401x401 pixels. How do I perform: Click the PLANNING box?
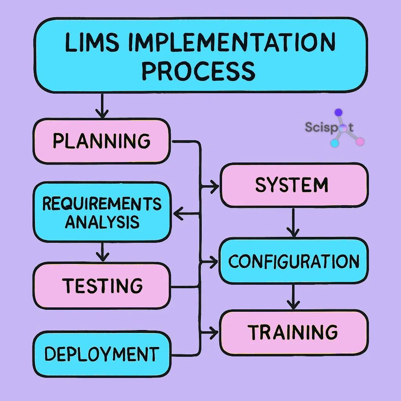click(x=101, y=141)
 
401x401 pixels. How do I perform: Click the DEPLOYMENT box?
click(x=101, y=354)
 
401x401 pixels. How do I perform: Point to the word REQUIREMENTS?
click(x=102, y=204)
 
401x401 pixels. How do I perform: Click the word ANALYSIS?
click(x=102, y=222)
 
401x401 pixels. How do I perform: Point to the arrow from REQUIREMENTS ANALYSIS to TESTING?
click(x=102, y=251)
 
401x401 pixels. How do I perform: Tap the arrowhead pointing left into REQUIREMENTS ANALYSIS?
click(x=178, y=214)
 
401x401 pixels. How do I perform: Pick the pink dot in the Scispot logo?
click(x=360, y=141)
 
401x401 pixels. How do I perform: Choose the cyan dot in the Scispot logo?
click(x=334, y=143)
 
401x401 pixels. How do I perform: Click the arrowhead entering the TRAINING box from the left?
click(x=213, y=332)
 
